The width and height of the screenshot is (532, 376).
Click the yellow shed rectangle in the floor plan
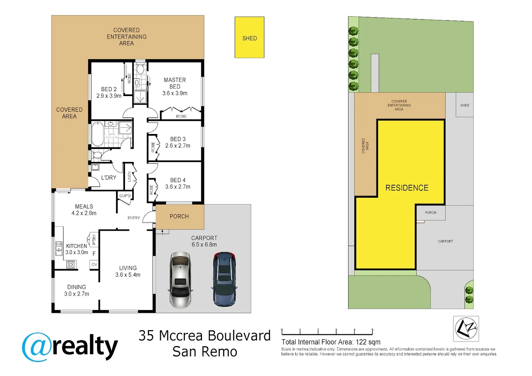tap(249, 38)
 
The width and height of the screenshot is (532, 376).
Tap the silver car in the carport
tap(180, 280)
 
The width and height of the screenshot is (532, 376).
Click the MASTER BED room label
tap(175, 83)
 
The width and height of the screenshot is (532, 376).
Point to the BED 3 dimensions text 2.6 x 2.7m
tap(178, 146)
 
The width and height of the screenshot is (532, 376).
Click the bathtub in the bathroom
tap(97, 134)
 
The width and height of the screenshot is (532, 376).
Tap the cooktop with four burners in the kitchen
tap(71, 265)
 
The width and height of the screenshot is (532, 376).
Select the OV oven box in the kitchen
tap(94, 265)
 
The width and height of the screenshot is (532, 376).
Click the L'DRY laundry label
tap(109, 178)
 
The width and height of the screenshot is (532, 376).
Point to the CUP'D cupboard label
tap(125, 196)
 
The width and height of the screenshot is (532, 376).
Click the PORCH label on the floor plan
tap(179, 217)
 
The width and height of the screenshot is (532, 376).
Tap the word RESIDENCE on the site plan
tap(406, 188)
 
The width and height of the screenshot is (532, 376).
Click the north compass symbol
tap(466, 328)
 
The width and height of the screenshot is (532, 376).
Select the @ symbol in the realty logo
tap(37, 347)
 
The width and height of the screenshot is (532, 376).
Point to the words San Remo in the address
tap(205, 352)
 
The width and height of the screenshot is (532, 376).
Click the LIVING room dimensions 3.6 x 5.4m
tap(128, 275)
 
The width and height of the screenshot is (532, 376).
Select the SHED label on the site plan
tap(464, 105)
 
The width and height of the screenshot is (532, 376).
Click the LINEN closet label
tap(130, 177)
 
